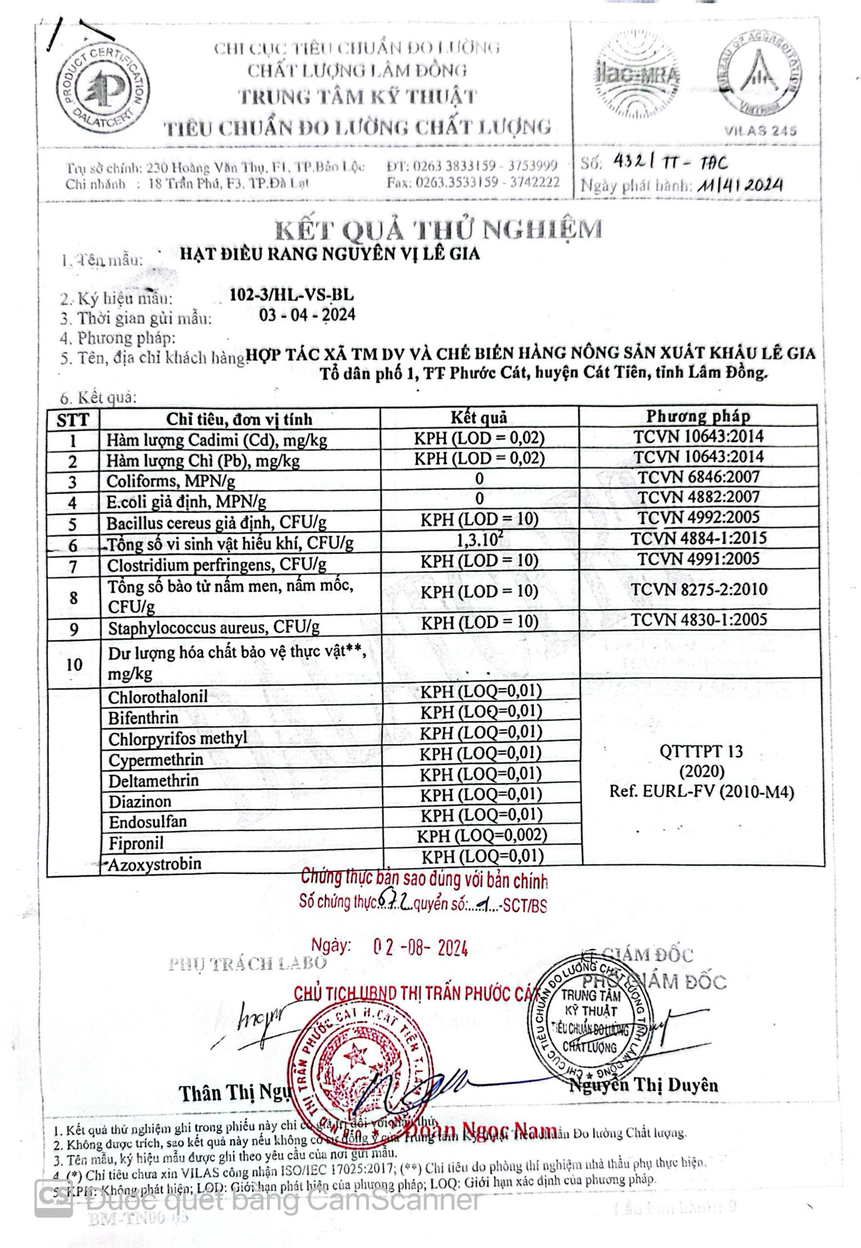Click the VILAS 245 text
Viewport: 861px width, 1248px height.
point(760,131)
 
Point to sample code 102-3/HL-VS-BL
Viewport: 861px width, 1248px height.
point(292,294)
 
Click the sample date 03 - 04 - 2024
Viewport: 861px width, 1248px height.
point(307,314)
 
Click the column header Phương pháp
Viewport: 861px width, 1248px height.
point(698,416)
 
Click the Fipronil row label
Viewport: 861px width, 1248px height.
point(136,843)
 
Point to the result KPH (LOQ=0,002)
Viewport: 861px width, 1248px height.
point(482,836)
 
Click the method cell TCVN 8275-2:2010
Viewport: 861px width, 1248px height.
point(699,589)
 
